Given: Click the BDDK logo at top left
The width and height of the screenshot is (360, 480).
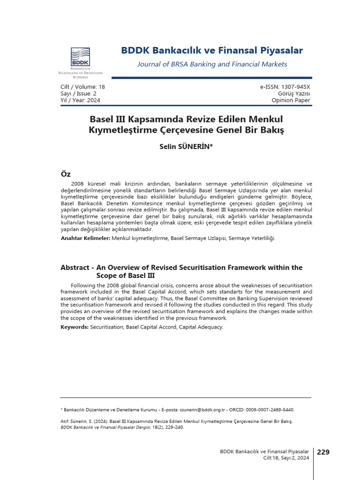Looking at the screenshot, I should [80, 57].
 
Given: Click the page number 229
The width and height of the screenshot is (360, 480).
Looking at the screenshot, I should [323, 452].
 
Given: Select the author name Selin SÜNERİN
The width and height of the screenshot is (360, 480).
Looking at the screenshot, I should [186, 147].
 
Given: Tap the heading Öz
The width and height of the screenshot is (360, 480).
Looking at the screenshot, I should [66, 174].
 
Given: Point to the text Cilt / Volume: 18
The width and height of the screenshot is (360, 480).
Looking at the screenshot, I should [83, 87].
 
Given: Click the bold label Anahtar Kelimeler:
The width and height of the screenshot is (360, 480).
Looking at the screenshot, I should [86, 239].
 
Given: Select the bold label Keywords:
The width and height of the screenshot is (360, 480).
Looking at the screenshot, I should [75, 327].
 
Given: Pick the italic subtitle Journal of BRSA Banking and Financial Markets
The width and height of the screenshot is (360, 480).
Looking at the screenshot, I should [212, 64].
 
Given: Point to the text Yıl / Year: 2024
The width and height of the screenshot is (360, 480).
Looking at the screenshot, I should [81, 100].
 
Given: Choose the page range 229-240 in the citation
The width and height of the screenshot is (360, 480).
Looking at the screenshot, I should [168, 427].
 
